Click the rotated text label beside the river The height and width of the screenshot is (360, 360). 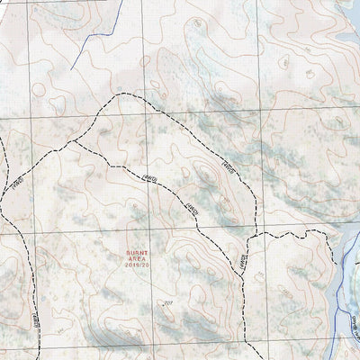(354, 319)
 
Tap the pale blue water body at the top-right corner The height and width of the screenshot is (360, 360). (346, 36)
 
